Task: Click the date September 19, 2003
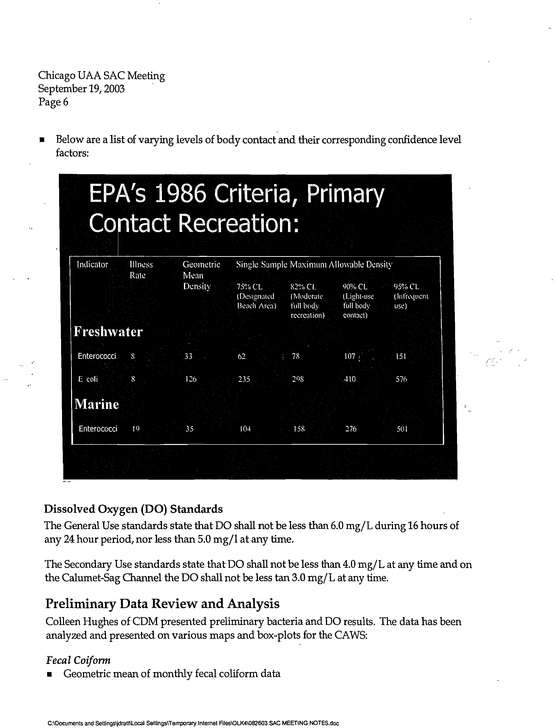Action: click(x=81, y=89)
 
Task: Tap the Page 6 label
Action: click(x=53, y=102)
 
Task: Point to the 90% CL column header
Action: click(x=355, y=287)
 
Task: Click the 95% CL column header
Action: click(x=406, y=287)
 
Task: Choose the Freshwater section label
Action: click(x=108, y=332)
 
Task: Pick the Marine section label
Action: click(x=96, y=404)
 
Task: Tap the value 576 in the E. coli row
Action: click(x=401, y=379)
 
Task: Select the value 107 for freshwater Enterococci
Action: click(x=350, y=356)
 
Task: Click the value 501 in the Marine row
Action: click(x=402, y=429)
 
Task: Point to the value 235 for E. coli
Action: click(x=244, y=379)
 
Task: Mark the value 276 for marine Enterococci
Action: click(x=351, y=429)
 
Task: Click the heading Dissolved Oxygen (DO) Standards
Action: click(x=133, y=509)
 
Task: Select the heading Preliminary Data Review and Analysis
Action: click(x=162, y=604)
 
